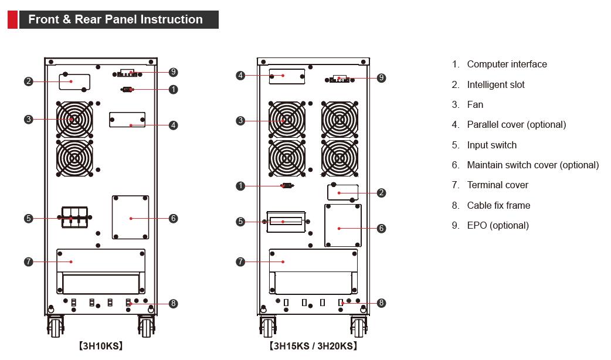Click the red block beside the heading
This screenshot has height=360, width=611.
point(12,19)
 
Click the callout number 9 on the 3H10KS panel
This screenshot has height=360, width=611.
point(173,72)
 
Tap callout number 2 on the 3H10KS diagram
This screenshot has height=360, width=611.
point(28,81)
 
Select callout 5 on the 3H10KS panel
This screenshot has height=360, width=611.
point(28,218)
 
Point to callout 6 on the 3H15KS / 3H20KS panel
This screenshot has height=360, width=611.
point(381,228)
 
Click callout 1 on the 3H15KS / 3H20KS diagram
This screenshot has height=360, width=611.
point(240,186)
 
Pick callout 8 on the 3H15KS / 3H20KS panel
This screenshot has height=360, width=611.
point(381,303)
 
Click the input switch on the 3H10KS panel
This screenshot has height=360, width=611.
point(74,217)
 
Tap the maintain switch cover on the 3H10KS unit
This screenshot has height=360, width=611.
point(130,218)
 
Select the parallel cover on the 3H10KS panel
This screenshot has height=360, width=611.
point(127,120)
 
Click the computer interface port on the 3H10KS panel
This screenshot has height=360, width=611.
point(127,89)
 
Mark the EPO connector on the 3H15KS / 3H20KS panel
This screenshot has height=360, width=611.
point(340,78)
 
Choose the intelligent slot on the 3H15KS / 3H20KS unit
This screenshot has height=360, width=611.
point(343,192)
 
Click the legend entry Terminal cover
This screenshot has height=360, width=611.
point(497,185)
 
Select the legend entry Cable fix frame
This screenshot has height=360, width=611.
point(498,205)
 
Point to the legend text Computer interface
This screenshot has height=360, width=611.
point(507,64)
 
